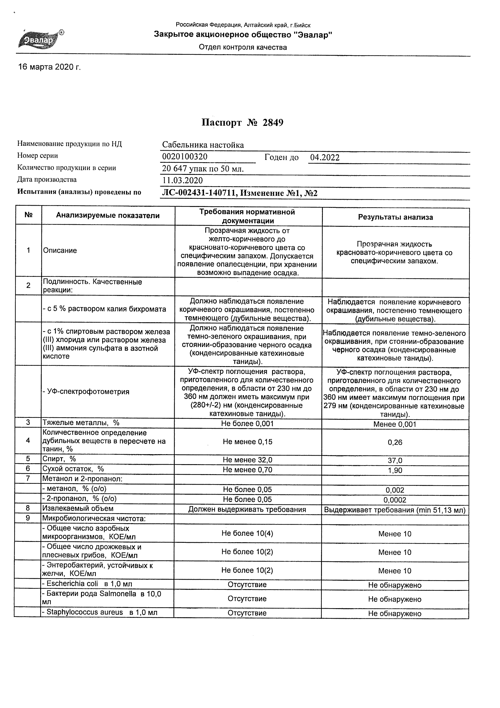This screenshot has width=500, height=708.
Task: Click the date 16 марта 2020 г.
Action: point(49,67)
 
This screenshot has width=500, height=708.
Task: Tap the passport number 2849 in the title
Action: point(273,123)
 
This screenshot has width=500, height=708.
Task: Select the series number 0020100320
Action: point(185,157)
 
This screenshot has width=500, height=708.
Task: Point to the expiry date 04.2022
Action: point(325,158)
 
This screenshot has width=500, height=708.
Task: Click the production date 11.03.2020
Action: point(183,180)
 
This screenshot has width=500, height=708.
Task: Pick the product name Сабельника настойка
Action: point(203,145)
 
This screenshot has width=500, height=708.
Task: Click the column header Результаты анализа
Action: point(395,217)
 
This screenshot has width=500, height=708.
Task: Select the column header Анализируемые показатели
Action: point(108,215)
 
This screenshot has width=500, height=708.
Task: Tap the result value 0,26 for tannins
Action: point(395,442)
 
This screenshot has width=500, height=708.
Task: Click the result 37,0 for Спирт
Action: point(395,461)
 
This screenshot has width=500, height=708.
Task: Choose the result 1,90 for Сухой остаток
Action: point(395,470)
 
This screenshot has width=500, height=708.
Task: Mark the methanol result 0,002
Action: point(395,490)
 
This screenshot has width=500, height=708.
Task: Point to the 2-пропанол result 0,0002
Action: point(395,500)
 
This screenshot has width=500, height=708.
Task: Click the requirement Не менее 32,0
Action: point(247,460)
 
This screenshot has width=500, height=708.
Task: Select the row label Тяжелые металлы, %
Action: point(81,423)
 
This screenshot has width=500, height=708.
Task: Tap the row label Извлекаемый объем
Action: point(78,509)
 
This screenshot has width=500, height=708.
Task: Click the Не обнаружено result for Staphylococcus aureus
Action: point(394,614)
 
